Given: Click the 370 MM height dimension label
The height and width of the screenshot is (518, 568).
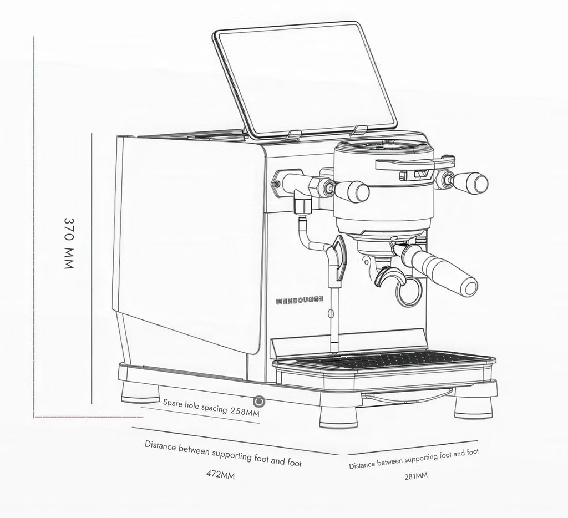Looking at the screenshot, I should tap(69, 243).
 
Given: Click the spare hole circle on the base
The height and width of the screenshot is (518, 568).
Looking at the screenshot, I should tap(258, 400).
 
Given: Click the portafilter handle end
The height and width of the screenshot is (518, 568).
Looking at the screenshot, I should tap(469, 286).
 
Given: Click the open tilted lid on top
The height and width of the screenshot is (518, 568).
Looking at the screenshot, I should tap(305, 78).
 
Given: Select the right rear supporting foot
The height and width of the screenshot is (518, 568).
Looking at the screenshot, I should tap(473, 407).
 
